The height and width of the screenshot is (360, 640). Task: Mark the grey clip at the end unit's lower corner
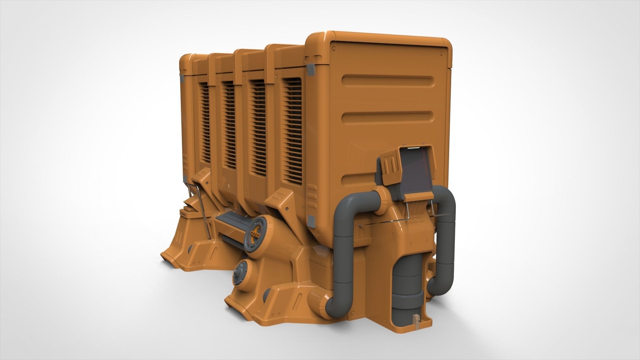pyautogui.click(x=311, y=220)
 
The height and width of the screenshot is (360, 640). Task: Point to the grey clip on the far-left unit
pyautogui.click(x=183, y=79)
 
